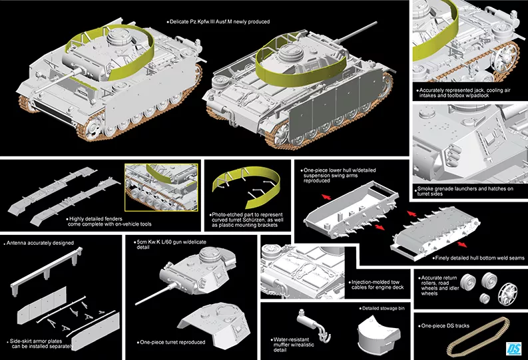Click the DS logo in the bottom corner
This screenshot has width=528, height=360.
tap(513, 348)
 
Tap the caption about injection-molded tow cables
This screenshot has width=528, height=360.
tap(378, 284)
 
